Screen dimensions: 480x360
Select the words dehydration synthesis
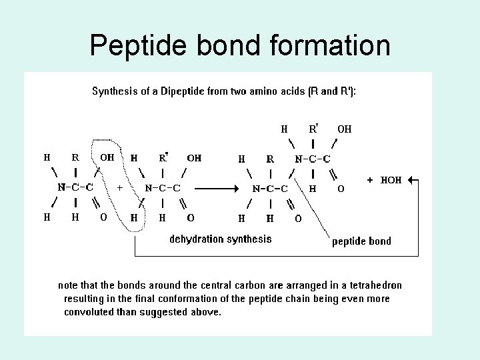221,239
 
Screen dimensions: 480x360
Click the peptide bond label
362,241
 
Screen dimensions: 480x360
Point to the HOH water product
391,180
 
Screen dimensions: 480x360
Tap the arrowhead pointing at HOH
411,180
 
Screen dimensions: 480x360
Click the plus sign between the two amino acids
120,188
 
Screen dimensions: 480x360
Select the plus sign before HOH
370,180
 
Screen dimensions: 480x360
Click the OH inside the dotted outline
107,158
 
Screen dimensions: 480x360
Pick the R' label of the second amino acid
163,158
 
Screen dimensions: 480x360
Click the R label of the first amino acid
75,158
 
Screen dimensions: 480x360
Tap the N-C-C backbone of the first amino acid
75,187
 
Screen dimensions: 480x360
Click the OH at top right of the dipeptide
345,129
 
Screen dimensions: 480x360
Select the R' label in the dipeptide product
313,129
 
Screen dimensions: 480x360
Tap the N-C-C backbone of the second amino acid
163,188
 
